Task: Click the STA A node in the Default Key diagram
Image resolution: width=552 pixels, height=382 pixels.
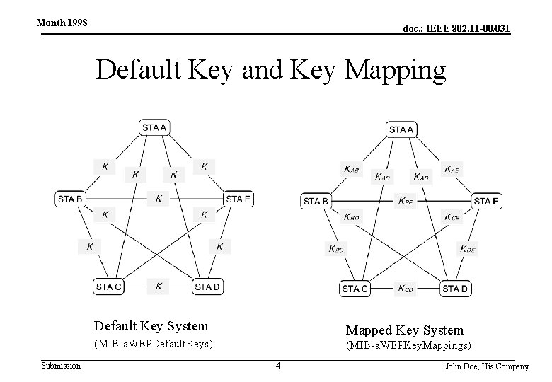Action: tap(154, 127)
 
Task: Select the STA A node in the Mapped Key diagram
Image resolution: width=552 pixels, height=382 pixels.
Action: tap(401, 129)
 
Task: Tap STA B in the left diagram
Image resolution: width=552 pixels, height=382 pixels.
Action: tap(70, 199)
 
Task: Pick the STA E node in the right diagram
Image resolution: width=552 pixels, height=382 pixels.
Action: tap(486, 202)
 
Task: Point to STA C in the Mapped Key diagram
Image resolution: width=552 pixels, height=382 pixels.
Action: tap(355, 289)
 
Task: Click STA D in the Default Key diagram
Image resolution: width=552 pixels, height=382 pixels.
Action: tap(207, 286)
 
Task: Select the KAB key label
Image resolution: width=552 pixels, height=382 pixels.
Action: tap(351, 169)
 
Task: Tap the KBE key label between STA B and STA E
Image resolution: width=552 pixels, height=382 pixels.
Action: tap(406, 202)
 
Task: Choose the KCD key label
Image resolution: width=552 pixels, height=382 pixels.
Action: tap(406, 288)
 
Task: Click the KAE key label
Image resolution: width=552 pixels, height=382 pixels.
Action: tap(452, 169)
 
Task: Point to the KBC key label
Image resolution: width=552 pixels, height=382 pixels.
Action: tap(335, 248)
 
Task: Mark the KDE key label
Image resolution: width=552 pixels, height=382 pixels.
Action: tap(468, 248)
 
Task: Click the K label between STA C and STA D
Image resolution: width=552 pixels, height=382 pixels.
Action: tap(159, 286)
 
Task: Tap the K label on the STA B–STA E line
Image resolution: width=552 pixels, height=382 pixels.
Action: tap(159, 199)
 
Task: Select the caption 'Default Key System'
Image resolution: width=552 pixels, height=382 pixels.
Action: tap(151, 326)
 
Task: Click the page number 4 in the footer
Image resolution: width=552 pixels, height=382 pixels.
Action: tap(278, 366)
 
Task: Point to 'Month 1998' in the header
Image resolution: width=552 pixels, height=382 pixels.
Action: tap(62, 23)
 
